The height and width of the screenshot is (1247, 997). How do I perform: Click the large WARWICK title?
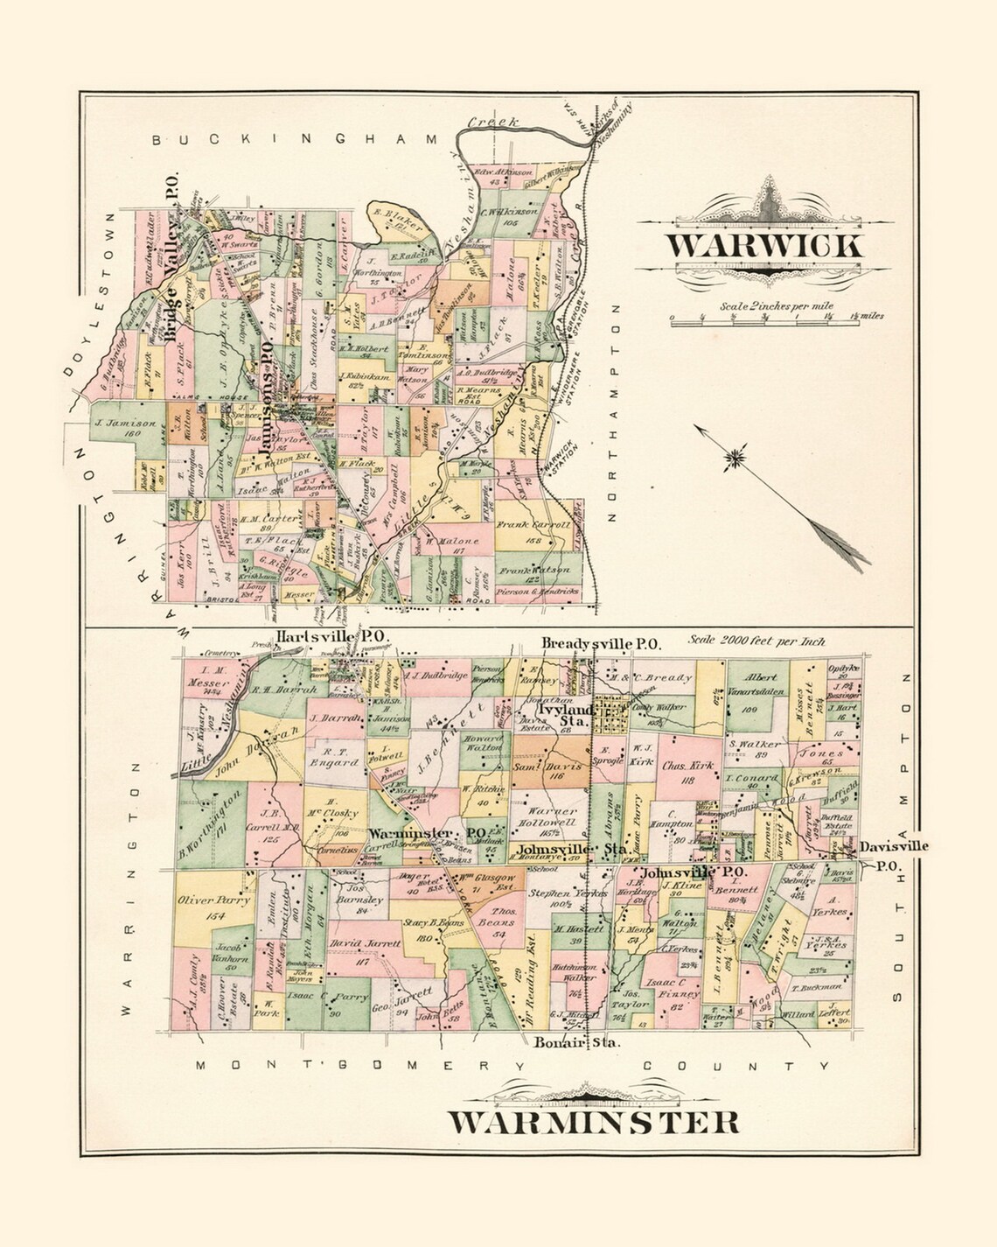point(766,245)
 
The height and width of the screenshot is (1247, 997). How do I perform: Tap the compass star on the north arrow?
point(738,456)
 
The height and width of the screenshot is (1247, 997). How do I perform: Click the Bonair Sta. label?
point(574,1043)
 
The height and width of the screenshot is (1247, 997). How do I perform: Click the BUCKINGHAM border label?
point(294,139)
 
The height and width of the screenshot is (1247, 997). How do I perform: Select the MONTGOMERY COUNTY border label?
point(512,1066)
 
